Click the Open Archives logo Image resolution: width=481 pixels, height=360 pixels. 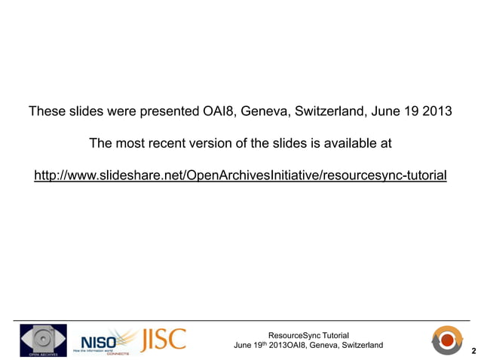tap(43, 340)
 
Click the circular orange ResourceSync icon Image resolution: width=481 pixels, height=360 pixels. tap(449, 340)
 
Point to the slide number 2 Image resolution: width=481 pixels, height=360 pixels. tap(473, 350)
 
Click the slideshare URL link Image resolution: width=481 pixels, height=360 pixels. tap(240, 175)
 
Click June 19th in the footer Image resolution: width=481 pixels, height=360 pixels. tap(251, 345)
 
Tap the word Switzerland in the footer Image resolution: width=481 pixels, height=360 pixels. tap(362, 345)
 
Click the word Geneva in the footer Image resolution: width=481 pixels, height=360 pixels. tap(319, 345)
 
